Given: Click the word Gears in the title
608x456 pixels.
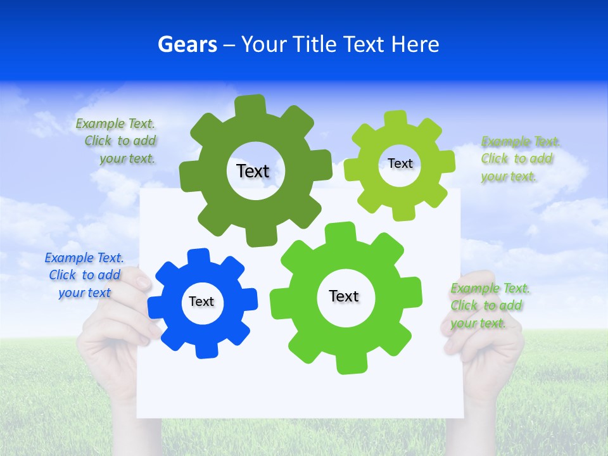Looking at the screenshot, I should click(187, 44).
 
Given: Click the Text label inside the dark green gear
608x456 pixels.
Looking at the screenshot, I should click(253, 171).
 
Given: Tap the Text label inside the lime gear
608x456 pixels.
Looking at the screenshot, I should click(400, 163).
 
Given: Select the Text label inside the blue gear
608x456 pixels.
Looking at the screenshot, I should click(201, 301).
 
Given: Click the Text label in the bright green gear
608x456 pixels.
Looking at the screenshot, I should click(344, 296).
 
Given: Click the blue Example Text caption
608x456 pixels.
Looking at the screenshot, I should click(84, 275).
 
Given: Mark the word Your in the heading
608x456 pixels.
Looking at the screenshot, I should click(265, 44).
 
